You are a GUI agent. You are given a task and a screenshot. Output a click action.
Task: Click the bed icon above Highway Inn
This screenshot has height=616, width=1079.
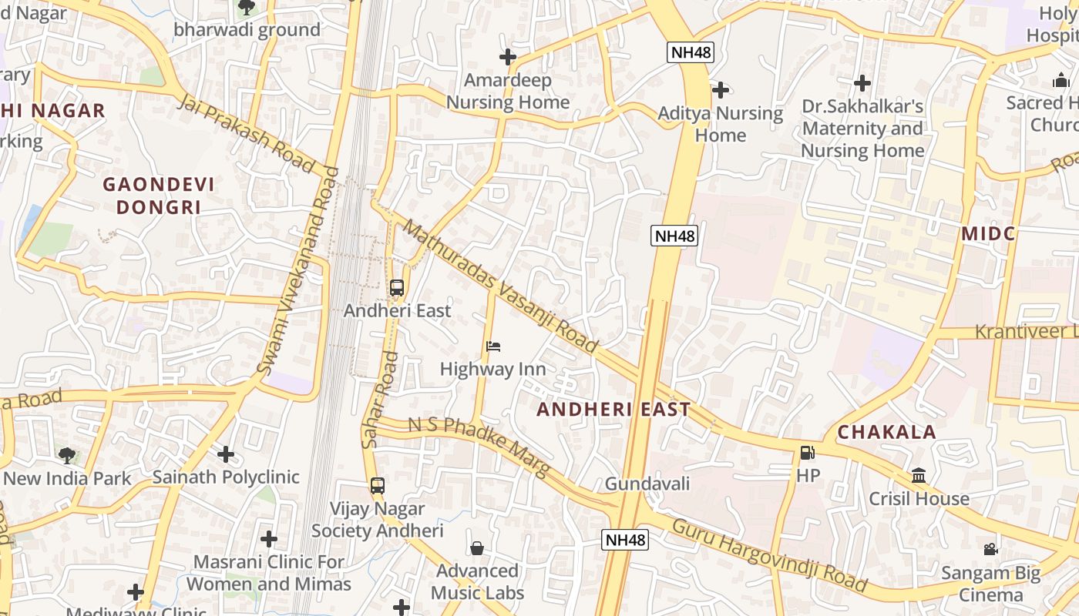(493, 346)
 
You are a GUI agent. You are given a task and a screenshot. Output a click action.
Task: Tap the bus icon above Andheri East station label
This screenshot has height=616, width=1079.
(397, 288)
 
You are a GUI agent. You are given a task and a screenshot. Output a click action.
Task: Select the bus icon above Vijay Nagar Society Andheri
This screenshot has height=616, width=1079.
(378, 486)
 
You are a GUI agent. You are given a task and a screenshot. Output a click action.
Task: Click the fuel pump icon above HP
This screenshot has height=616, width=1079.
(807, 454)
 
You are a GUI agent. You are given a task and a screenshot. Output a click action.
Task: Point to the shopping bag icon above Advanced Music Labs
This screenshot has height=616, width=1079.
(477, 548)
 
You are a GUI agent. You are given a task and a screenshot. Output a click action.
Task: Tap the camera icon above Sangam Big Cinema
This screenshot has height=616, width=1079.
(990, 550)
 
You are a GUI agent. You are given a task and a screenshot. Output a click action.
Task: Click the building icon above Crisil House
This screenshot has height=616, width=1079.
(919, 476)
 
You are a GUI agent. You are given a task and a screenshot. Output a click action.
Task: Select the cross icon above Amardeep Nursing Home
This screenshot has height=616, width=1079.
(507, 57)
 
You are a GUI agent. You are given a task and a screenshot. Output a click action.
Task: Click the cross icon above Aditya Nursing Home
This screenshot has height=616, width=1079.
(720, 90)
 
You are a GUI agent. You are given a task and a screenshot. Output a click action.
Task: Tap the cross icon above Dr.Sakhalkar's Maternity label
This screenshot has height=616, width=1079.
(862, 82)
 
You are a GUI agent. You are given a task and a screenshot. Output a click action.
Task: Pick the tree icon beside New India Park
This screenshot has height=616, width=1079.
(67, 455)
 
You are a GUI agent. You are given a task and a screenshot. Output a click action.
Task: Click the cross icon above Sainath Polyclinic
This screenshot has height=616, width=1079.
(225, 454)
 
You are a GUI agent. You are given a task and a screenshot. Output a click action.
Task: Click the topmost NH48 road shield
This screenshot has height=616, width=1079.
(691, 52)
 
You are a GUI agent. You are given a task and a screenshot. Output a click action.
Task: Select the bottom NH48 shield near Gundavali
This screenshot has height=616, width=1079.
(625, 540)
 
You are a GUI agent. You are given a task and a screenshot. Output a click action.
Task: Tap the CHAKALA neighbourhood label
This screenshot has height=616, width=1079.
(886, 432)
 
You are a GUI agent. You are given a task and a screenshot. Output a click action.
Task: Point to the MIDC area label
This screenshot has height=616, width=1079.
(988, 233)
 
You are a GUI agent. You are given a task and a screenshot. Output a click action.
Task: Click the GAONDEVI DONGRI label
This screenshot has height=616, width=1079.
(159, 196)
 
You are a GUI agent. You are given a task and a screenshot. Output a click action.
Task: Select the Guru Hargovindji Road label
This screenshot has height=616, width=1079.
(769, 555)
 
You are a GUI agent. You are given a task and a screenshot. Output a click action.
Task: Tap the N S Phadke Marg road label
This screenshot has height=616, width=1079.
(478, 446)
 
